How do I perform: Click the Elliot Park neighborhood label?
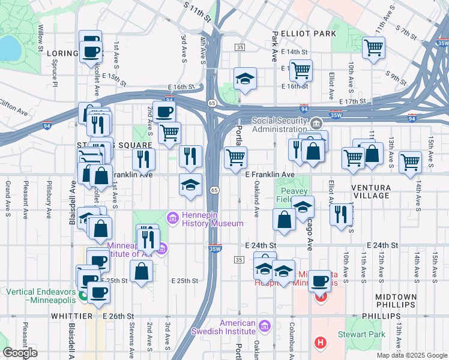[x=304, y=34]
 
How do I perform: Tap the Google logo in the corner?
[x=20, y=353]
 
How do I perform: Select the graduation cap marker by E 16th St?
[x=245, y=79]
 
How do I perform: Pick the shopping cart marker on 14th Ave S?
[x=411, y=161]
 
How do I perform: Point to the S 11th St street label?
[x=198, y=11]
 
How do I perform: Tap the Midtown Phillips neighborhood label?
[x=395, y=301]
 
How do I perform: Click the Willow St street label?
[x=41, y=37]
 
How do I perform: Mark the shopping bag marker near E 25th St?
[x=141, y=271]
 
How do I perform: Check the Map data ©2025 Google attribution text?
[x=411, y=355]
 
